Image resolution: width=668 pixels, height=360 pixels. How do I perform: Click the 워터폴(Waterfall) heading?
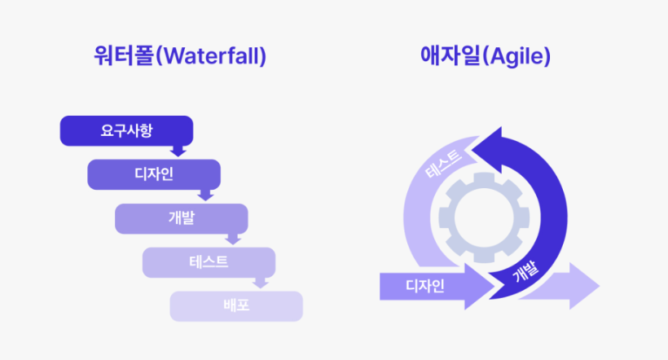coord(180,57)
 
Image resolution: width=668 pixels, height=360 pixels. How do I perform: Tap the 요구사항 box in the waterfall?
coord(126,130)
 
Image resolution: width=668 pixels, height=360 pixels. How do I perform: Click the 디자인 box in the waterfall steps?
coord(154,173)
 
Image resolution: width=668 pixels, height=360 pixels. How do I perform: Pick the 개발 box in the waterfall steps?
coord(181,217)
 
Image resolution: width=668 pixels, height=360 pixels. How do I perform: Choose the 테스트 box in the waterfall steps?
coord(209,261)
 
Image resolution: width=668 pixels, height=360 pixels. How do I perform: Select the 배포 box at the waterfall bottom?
coord(236,305)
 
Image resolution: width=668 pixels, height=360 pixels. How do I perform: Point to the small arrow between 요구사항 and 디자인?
coord(178,151)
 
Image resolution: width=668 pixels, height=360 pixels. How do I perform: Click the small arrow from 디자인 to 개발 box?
coord(205,195)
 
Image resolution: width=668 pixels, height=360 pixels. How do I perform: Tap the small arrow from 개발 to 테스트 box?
coord(233,239)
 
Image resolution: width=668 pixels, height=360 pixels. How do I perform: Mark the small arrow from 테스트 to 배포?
coord(261,283)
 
